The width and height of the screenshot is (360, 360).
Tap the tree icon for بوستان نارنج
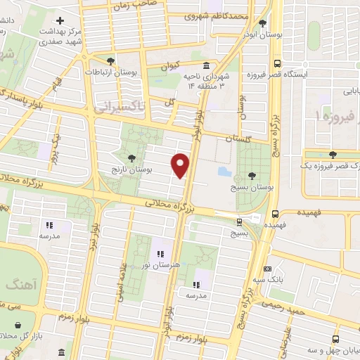point(132,158)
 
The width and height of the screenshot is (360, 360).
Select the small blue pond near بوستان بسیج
point(223,171)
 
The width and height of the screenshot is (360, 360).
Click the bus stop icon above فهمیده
point(275,214)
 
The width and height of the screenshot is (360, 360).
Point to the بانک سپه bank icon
point(267,269)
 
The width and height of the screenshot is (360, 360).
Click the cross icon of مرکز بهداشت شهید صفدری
point(62,21)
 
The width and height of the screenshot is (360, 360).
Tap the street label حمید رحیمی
point(284,304)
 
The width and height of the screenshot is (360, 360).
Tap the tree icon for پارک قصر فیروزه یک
point(333,154)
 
